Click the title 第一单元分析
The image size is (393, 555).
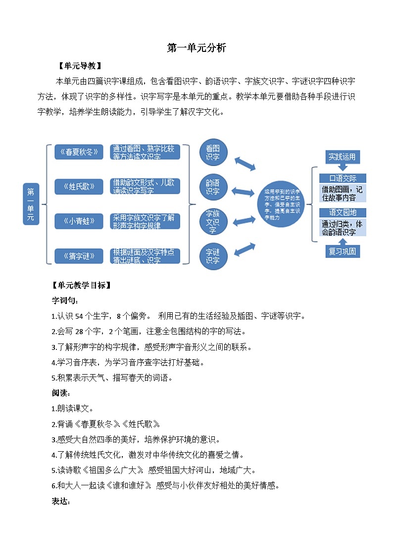(196, 48)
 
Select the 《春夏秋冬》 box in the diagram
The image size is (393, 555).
(79, 152)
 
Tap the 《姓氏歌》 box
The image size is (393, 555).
(79, 186)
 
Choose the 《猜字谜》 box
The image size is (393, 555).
(79, 256)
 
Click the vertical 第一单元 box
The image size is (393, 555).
(31, 204)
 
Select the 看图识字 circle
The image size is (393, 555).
(213, 152)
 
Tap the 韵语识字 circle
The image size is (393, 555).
(213, 187)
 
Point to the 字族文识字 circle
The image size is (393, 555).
(213, 221)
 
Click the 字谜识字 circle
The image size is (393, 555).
(213, 256)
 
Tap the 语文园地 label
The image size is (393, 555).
(343, 213)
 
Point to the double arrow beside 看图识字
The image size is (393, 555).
(245, 164)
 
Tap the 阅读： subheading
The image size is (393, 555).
(61, 393)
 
